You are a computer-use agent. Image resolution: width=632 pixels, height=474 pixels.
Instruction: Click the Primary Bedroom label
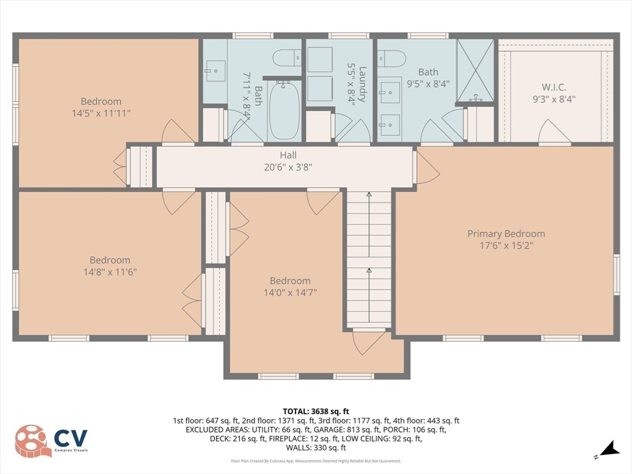(x=506, y=234)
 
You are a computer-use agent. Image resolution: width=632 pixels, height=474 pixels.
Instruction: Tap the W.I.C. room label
(x=555, y=86)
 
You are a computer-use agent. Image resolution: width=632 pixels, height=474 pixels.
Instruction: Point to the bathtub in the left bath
(x=284, y=111)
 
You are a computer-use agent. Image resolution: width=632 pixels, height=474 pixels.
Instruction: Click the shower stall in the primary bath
(x=475, y=70)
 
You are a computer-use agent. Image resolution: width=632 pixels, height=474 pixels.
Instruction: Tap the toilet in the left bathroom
(x=286, y=59)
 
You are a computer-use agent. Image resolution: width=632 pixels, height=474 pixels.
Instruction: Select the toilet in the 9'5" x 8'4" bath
(x=391, y=59)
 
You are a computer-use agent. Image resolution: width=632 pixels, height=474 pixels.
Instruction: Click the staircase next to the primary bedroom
(x=368, y=259)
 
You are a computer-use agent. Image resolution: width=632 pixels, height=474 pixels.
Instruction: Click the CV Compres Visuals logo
(x=52, y=441)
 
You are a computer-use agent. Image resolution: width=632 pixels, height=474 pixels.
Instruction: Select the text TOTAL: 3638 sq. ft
(x=316, y=411)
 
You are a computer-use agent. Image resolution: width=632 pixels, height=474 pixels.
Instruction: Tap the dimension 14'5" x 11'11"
(x=101, y=113)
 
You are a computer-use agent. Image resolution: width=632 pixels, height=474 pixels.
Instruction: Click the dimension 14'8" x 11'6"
(x=110, y=272)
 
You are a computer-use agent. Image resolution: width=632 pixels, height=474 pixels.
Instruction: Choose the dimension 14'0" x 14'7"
(x=290, y=292)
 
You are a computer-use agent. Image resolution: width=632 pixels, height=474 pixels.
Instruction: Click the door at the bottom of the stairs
(x=369, y=341)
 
